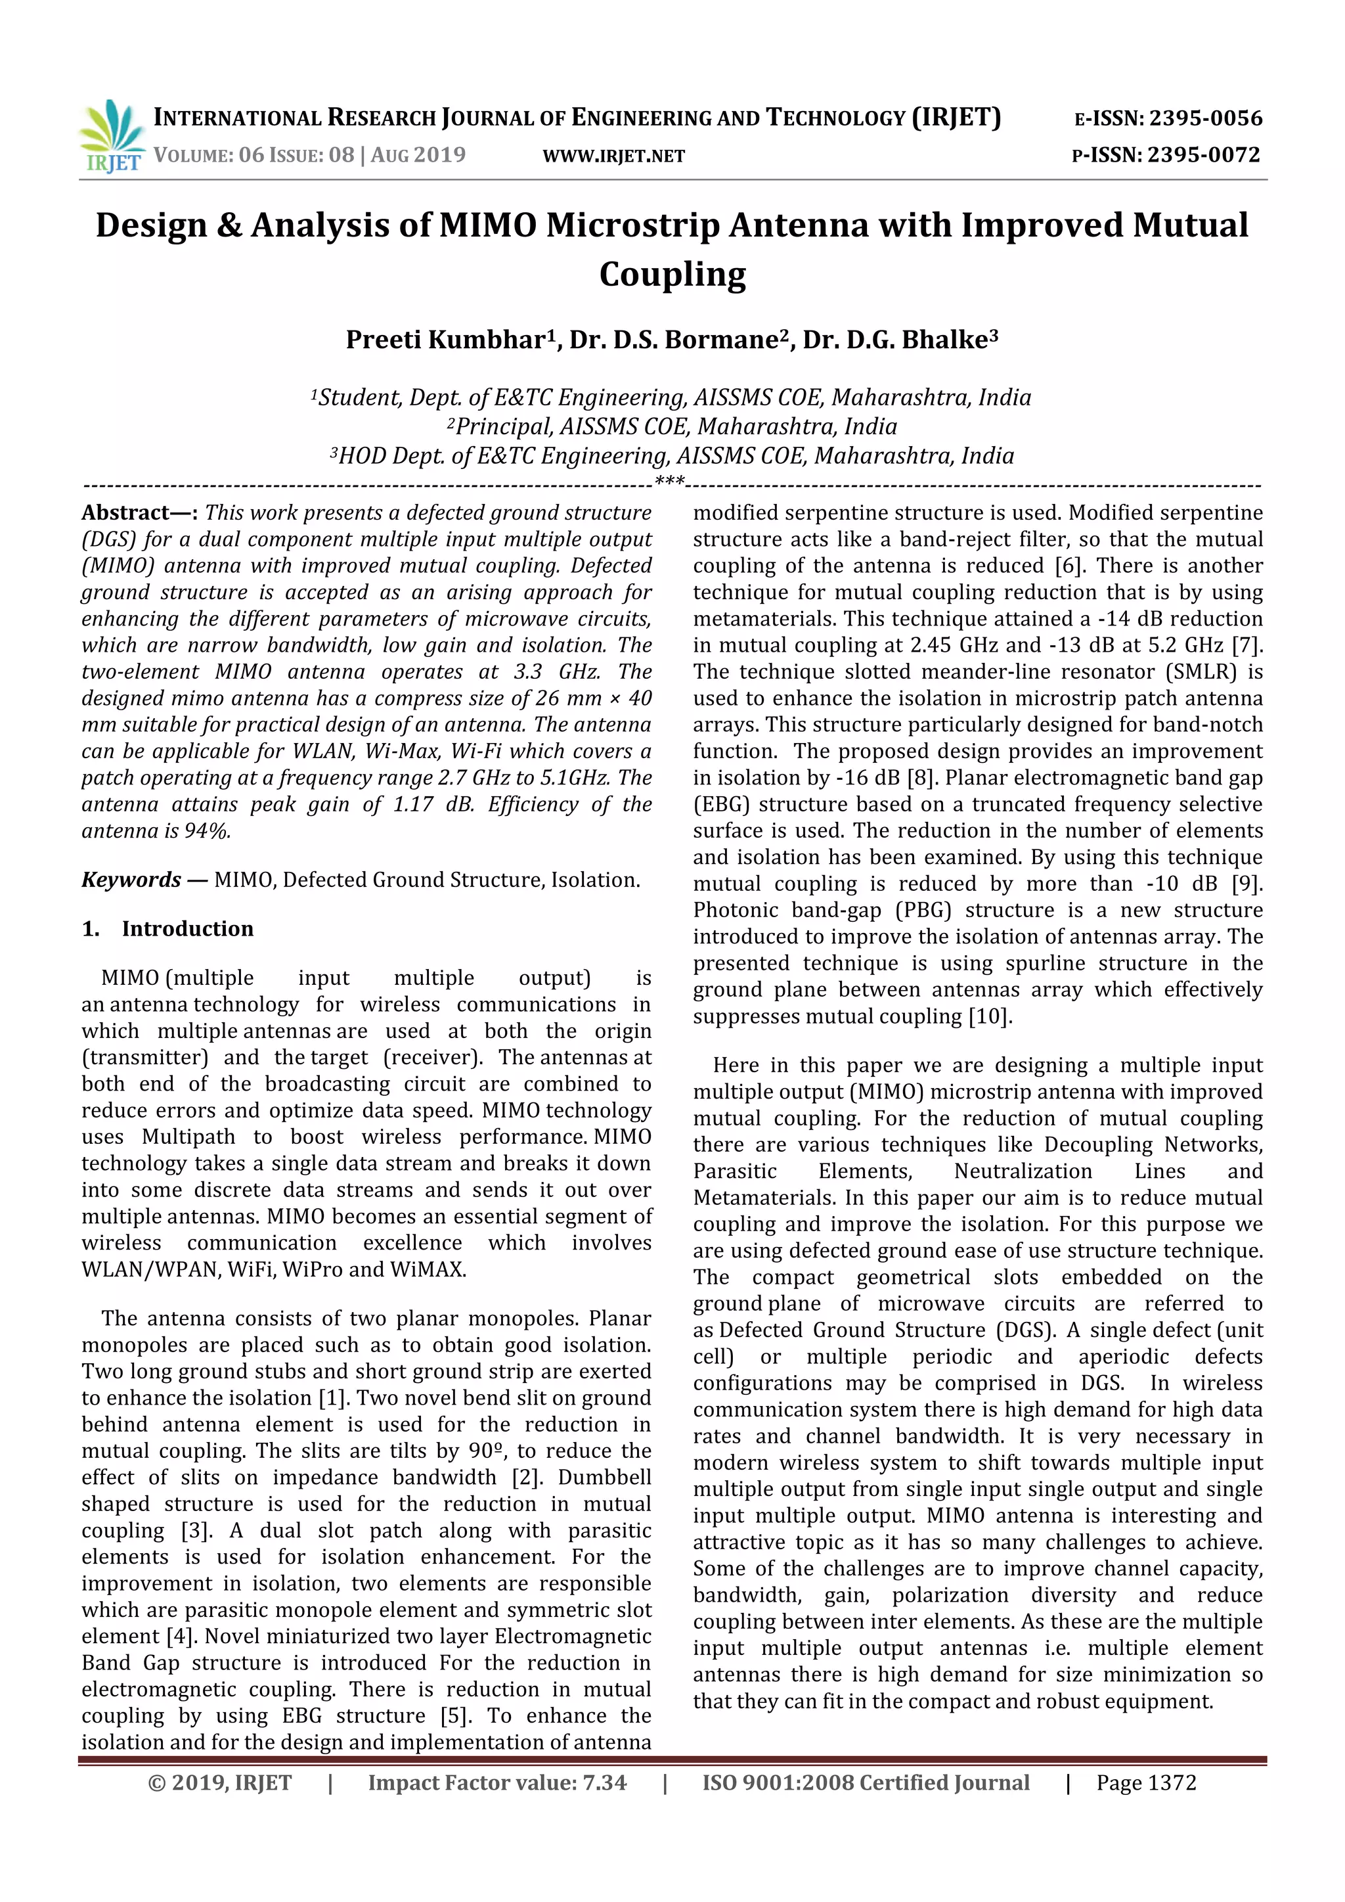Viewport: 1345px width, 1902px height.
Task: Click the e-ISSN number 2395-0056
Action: (x=1205, y=118)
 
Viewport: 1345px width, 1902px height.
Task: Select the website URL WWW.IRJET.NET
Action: (x=613, y=156)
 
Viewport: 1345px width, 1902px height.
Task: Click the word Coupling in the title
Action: (x=672, y=274)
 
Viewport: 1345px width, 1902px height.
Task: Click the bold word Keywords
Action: (x=131, y=880)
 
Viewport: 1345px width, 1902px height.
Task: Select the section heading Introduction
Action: (x=187, y=928)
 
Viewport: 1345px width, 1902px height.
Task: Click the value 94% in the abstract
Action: (x=207, y=831)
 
